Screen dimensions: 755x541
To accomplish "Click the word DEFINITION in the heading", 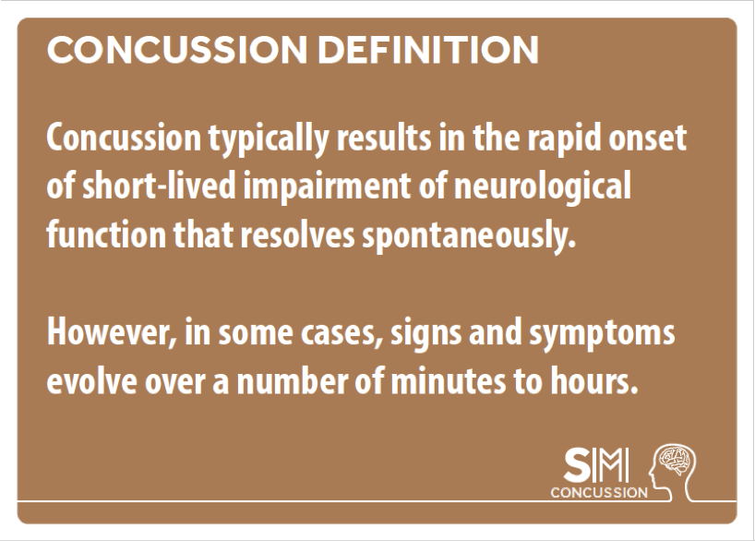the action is point(427,49).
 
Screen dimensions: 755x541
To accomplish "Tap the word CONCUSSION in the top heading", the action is point(176,49).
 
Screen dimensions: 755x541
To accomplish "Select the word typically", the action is point(269,139).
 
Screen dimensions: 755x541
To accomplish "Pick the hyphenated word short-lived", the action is point(160,186).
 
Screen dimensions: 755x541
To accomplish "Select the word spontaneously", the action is point(469,236).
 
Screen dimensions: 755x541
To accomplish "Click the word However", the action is point(112,333).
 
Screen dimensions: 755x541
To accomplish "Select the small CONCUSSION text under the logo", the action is point(599,492).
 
